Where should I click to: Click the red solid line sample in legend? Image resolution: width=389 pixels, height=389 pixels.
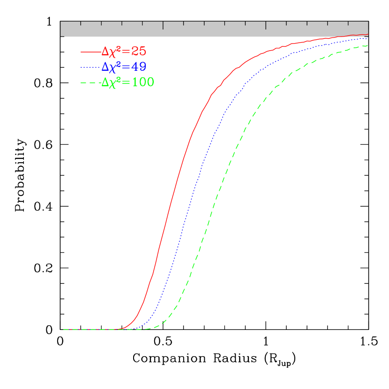coord(90,52)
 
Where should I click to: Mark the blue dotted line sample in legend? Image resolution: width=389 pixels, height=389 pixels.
coord(90,67)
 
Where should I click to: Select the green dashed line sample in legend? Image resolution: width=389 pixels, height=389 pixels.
coord(90,83)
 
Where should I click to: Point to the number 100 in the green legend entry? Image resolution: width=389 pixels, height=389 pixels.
coord(142,82)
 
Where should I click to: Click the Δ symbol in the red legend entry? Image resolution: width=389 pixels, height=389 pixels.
coord(105,52)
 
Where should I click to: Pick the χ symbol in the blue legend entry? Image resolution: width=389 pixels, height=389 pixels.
coord(113,68)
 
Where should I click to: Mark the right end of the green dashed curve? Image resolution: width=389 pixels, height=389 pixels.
coord(367,45)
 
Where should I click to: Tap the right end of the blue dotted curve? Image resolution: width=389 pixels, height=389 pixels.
coord(367,38)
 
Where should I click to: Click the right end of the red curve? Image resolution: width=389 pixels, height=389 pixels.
coord(367,35)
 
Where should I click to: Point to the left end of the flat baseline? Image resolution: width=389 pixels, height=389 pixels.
coord(64,329)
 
